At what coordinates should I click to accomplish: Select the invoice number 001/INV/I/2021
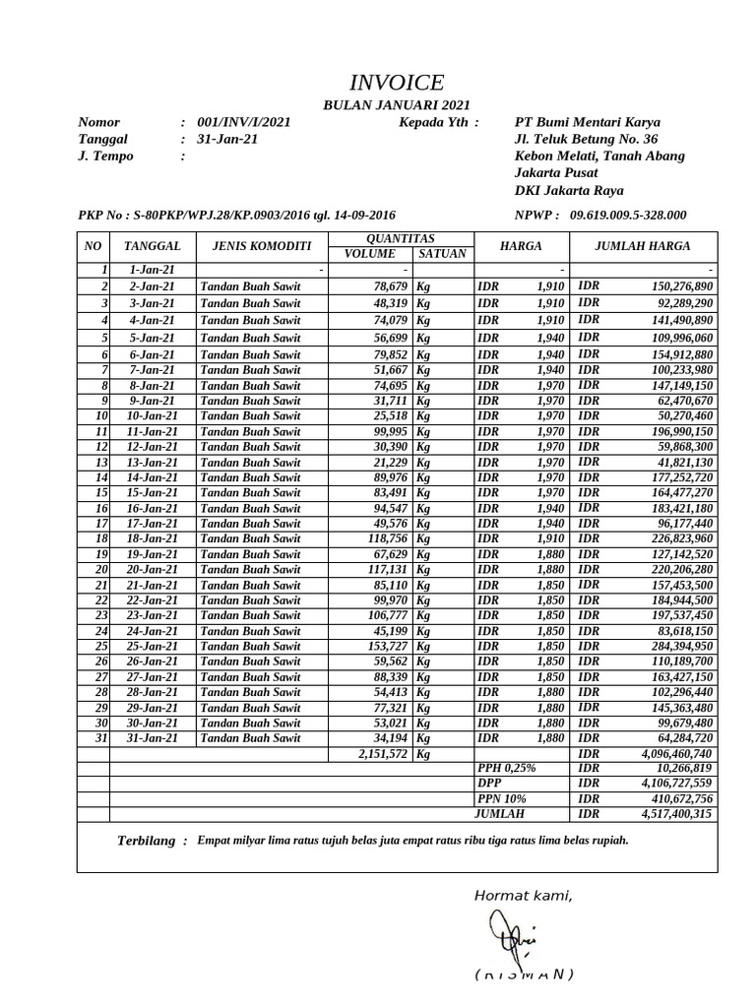244,122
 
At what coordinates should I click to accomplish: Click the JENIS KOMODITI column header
255,246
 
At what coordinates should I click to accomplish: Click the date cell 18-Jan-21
153,538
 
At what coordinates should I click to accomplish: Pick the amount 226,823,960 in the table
677,538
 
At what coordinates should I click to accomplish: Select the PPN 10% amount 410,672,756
676,798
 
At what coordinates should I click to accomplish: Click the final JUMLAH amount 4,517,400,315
676,814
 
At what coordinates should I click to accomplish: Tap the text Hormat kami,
523,895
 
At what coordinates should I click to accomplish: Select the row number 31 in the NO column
100,737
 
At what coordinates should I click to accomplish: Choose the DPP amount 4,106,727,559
676,784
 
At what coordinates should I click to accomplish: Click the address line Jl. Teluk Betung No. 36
586,139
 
